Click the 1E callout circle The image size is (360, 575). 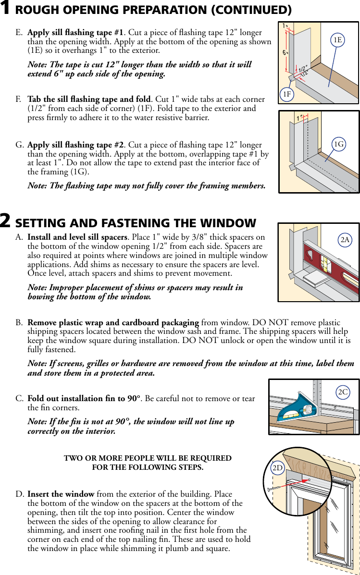click(337, 40)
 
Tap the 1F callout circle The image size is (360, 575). click(287, 95)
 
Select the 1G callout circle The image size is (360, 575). click(339, 144)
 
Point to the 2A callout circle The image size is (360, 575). click(345, 240)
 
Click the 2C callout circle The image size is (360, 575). click(343, 392)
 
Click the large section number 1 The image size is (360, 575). click(6, 9)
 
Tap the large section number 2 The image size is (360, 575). click(6, 221)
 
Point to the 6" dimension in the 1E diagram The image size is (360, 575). click(285, 53)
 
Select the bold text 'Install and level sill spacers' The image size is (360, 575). click(77, 237)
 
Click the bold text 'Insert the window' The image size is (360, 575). click(61, 494)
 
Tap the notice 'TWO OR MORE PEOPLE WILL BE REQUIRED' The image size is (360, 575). click(148, 458)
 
